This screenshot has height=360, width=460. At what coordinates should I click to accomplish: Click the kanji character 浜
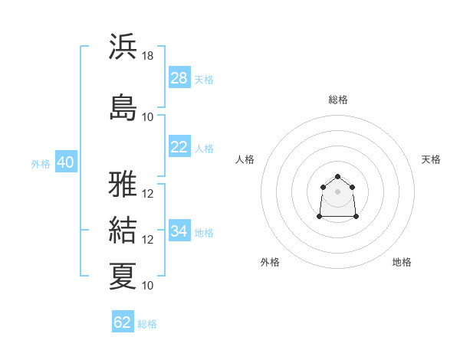(x=123, y=47)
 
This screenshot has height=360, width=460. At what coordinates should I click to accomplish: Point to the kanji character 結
(x=123, y=231)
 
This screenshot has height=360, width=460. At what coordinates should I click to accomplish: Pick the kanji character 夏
(x=123, y=276)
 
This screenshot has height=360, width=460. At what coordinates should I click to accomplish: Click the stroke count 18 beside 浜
(x=148, y=56)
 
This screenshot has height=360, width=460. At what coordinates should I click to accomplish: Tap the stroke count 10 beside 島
(x=148, y=116)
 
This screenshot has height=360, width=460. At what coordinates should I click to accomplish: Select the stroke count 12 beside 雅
(x=148, y=194)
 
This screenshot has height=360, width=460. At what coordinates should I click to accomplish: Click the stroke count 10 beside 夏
(x=148, y=285)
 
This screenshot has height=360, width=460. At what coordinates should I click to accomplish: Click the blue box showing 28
(x=179, y=78)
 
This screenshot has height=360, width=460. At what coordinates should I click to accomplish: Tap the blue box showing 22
(x=179, y=147)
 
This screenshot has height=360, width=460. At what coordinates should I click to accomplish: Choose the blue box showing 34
(x=179, y=231)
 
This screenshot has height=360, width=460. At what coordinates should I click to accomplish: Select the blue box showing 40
(x=65, y=162)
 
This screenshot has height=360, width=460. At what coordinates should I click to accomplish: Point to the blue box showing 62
(x=123, y=322)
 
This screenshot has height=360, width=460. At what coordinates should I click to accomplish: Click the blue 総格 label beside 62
(x=147, y=324)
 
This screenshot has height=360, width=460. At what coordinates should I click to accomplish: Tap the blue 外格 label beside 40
(x=41, y=164)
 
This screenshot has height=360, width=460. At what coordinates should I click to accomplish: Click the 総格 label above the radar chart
(x=338, y=100)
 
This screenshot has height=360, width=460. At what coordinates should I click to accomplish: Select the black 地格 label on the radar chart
(x=402, y=263)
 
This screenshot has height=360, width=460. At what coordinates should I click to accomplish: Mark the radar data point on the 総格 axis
(x=337, y=177)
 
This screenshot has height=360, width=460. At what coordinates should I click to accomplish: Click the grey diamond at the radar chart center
(x=337, y=191)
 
